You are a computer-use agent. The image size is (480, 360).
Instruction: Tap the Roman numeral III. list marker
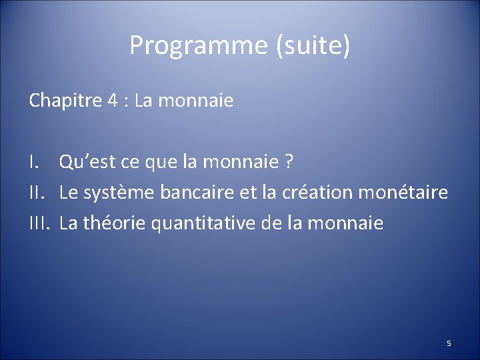click(x=40, y=223)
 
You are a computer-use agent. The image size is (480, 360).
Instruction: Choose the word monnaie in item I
click(x=245, y=162)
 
